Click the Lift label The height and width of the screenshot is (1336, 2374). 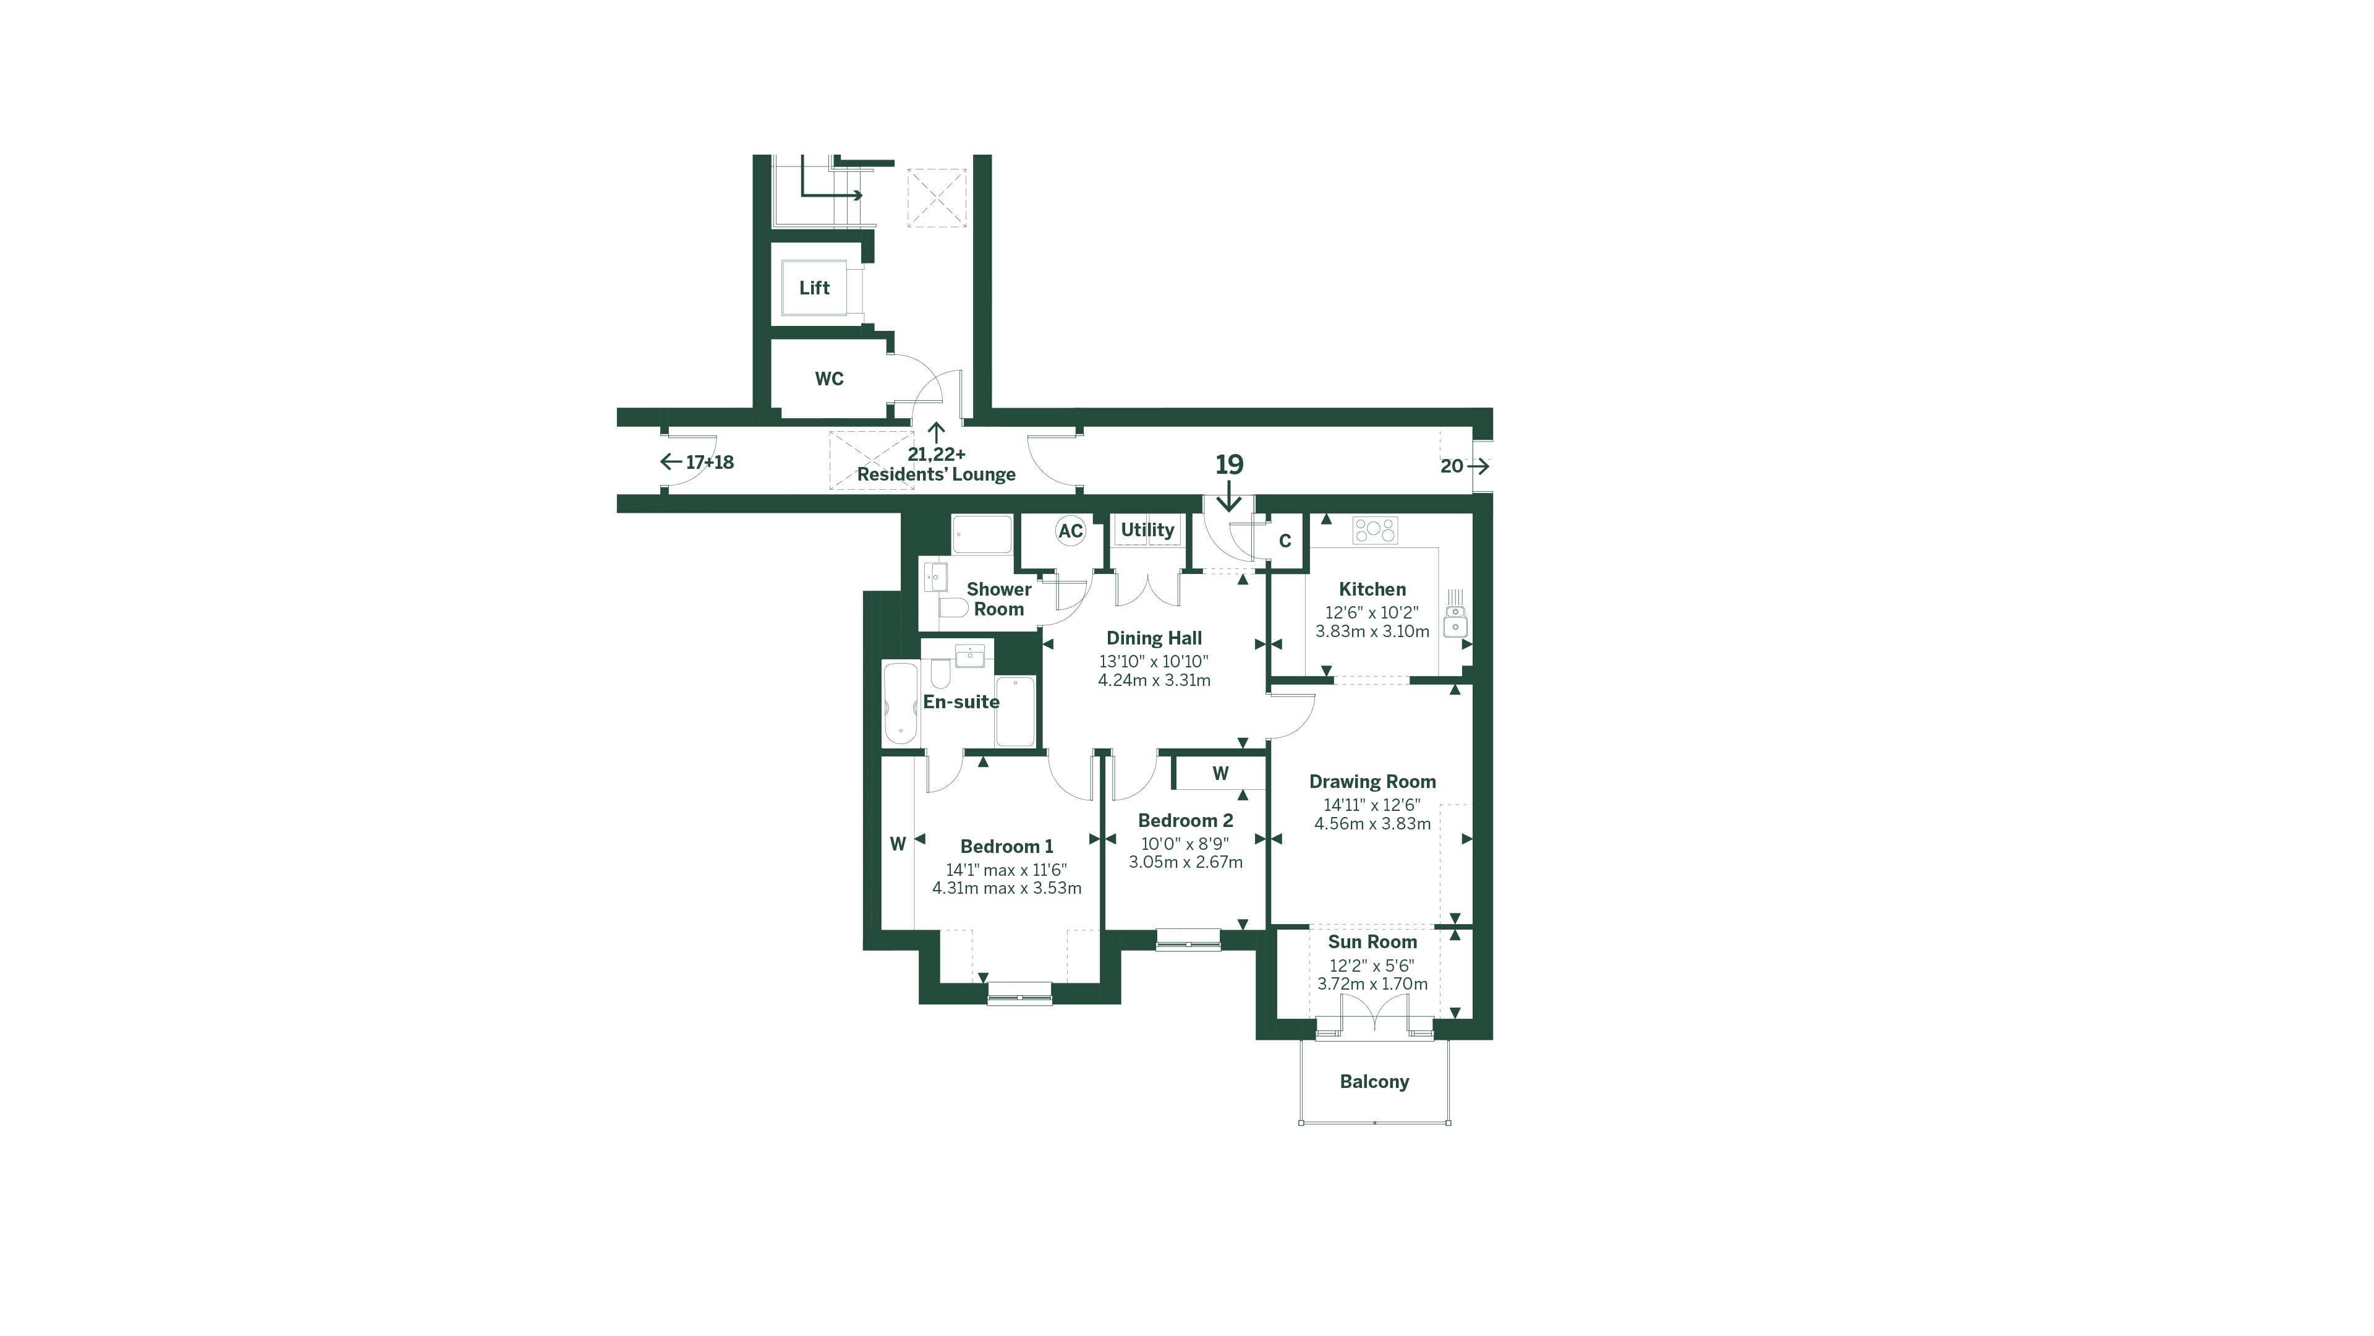click(814, 288)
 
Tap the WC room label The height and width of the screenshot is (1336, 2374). click(828, 379)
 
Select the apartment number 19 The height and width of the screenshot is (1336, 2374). click(1228, 465)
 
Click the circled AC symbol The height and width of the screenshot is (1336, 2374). click(1070, 531)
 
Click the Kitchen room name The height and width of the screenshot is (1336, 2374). click(1371, 589)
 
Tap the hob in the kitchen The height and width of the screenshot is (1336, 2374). click(1374, 530)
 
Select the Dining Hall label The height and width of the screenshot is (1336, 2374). click(1154, 638)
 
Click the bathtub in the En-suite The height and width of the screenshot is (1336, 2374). click(900, 703)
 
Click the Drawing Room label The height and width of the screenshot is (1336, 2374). click(1371, 782)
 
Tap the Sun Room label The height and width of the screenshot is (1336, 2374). click(1371, 942)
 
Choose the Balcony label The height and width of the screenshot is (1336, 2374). click(1373, 1082)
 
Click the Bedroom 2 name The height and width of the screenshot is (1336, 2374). click(1185, 821)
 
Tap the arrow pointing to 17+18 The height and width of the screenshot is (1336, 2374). click(671, 462)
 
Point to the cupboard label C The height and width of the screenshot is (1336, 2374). click(1285, 541)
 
